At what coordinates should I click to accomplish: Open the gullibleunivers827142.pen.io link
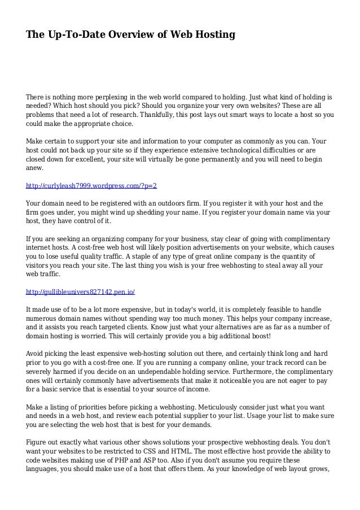tap(81, 291)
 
